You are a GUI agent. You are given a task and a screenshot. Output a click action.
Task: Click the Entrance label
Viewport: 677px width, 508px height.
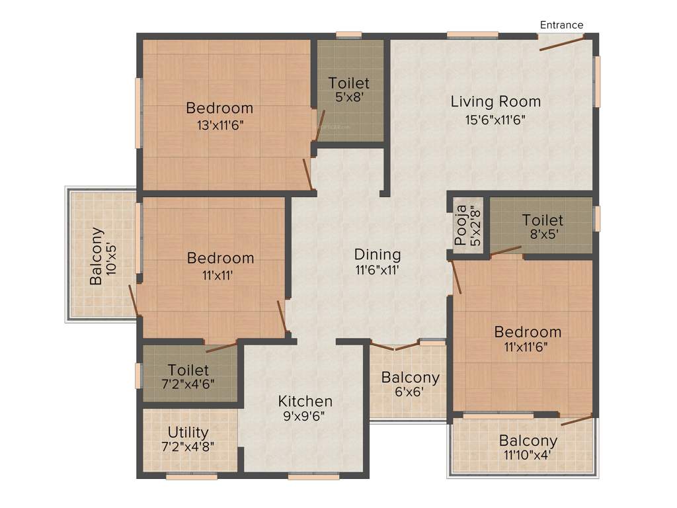click(x=561, y=25)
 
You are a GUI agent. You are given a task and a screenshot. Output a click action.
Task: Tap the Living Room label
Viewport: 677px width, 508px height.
click(x=495, y=102)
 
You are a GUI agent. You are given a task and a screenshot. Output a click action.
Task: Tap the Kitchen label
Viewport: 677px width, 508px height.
click(x=305, y=402)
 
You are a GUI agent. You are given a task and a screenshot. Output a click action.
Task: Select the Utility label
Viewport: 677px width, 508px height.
click(x=188, y=433)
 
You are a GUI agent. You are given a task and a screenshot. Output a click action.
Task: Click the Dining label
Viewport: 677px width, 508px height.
click(x=378, y=255)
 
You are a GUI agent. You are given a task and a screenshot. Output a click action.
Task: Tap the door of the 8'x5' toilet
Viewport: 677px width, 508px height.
click(x=506, y=250)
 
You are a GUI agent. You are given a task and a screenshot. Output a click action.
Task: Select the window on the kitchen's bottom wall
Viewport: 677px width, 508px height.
click(x=313, y=476)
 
